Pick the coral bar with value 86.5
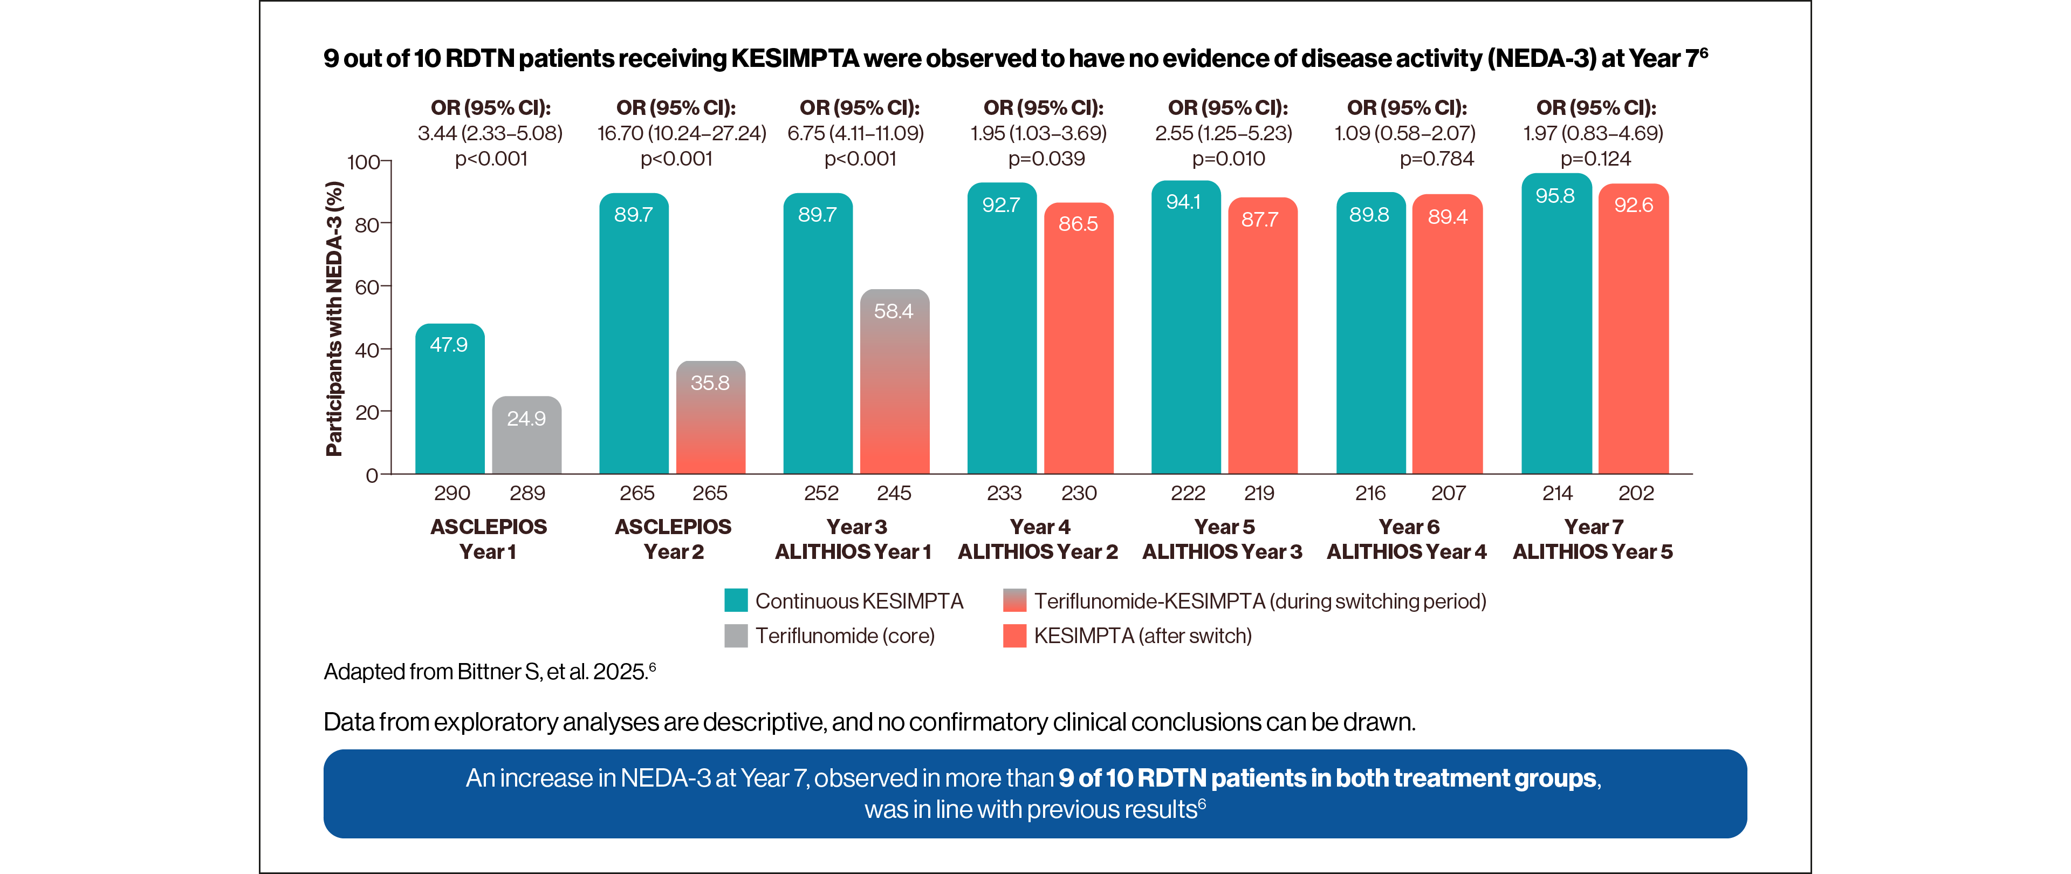coord(1078,338)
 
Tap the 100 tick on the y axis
coord(364,162)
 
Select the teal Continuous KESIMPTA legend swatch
coord(736,600)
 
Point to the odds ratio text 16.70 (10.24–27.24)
coord(681,133)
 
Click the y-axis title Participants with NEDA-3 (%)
coord(334,318)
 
